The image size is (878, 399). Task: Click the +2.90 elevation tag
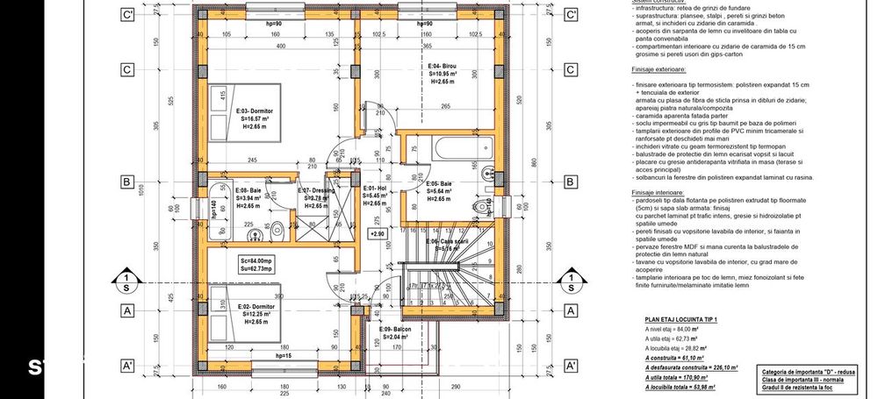click(x=377, y=234)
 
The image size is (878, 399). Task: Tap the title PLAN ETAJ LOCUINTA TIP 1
click(x=681, y=319)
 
